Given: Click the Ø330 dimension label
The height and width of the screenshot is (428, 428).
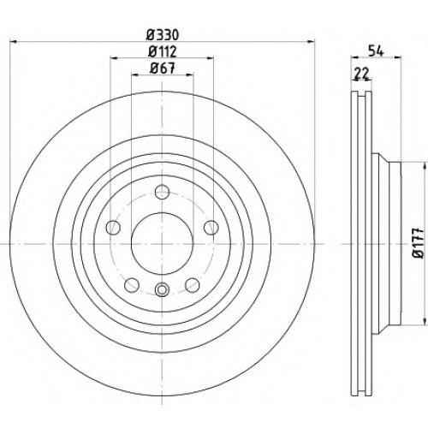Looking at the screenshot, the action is tap(163, 35).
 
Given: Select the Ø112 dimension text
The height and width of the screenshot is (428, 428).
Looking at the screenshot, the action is tap(163, 51).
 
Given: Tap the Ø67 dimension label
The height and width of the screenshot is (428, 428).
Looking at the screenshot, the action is tap(162, 68).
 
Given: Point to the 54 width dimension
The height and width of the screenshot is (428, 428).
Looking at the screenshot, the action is tap(376, 51).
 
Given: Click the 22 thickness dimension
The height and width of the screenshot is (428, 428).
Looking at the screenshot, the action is tap(362, 74).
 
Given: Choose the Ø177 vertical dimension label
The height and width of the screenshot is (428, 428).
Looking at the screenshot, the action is tap(419, 243).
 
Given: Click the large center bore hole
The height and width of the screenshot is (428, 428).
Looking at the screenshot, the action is tap(162, 244).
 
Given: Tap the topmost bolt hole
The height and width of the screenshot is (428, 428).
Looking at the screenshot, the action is tap(162, 192).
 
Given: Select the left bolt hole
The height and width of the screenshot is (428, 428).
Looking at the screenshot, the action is tap(113, 228).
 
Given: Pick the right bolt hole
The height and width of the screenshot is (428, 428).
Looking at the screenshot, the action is tap(211, 228).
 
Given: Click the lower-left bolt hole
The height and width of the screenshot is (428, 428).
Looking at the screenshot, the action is tap(132, 285).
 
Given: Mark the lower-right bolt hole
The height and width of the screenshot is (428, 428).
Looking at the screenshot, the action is tap(193, 285).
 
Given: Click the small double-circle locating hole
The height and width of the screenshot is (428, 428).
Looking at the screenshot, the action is tap(162, 289).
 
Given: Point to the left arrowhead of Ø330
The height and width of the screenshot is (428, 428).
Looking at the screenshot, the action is tap(14, 42).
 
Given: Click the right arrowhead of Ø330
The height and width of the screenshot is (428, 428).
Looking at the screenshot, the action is tap(311, 42).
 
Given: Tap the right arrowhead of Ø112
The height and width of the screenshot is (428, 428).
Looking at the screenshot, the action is tap(210, 58).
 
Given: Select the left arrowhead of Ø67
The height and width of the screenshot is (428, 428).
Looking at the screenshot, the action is tap(135, 74).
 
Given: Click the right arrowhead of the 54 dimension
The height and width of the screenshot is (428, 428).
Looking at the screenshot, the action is tap(398, 57).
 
